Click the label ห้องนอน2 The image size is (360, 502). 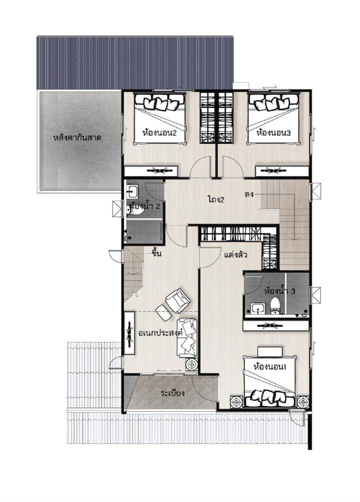[x=159, y=132]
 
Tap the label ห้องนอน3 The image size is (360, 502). [x=273, y=132]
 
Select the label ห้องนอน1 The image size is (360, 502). [x=269, y=367]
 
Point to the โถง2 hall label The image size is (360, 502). [x=216, y=200]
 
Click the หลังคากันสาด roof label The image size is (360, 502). [x=77, y=138]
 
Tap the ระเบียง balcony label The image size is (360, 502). [x=173, y=393]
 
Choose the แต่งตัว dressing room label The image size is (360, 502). [x=235, y=255]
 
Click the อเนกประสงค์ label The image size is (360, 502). [x=160, y=333]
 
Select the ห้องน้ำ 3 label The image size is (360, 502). [x=280, y=291]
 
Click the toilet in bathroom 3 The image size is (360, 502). [x=274, y=305]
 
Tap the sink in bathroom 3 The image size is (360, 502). [x=257, y=309]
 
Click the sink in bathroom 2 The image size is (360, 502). [x=132, y=191]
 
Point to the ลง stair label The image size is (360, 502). [x=249, y=194]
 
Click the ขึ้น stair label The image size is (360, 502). [x=156, y=254]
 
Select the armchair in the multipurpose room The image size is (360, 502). [x=177, y=300]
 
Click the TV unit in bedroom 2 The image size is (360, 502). [x=151, y=171]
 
